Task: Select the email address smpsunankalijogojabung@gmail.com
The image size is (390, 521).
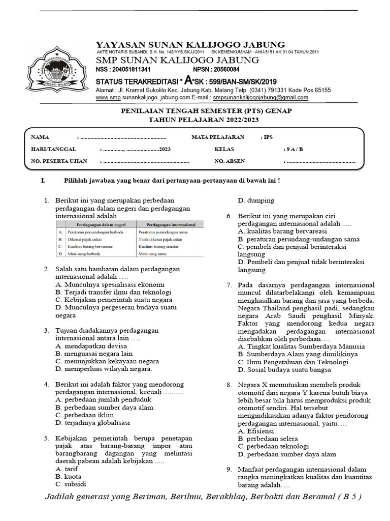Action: [x=261, y=97]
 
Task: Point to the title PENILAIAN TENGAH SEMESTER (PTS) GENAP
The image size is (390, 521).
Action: [x=205, y=111]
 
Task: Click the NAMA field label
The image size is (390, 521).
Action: [x=40, y=137]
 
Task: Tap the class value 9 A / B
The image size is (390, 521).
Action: [x=294, y=150]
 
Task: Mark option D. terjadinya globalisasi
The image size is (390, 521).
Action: [x=93, y=422]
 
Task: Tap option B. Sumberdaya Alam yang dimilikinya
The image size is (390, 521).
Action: [x=298, y=354]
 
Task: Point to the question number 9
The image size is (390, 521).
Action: [x=229, y=469]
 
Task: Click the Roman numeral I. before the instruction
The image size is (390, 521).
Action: [x=43, y=181]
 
